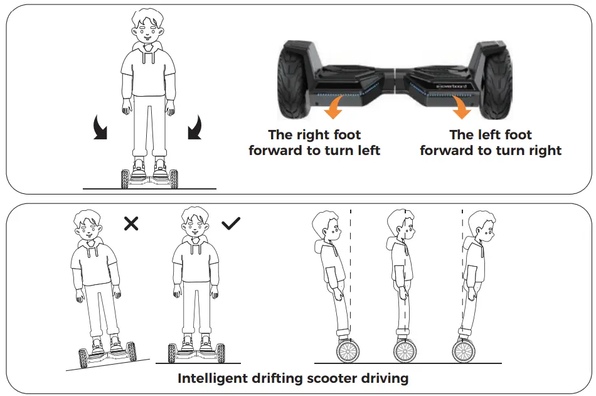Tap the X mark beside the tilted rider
131,223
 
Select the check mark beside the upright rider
231,223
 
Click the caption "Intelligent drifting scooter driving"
293,378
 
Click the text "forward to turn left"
314,151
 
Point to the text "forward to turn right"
491,151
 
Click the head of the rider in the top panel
148,29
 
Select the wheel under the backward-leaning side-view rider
347,350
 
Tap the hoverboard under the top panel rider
149,178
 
